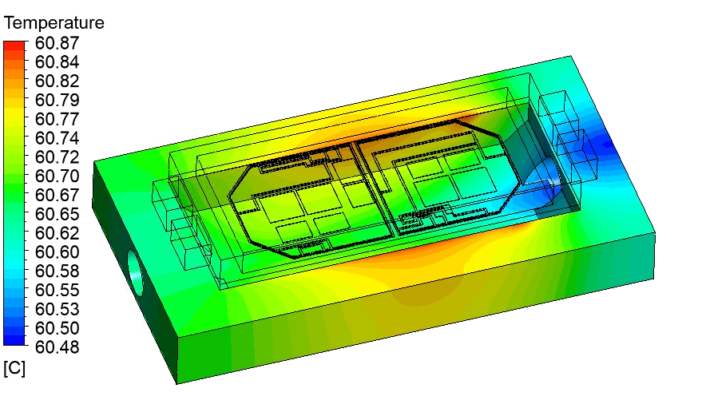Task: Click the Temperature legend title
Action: click(54, 23)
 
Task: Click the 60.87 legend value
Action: click(57, 43)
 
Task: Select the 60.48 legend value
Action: click(57, 347)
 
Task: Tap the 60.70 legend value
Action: click(57, 176)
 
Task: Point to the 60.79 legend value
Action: click(57, 100)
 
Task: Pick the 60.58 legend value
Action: click(57, 271)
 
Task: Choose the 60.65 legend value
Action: click(57, 214)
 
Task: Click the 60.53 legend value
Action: click(57, 309)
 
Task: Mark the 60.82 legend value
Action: click(57, 81)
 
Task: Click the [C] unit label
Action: click(14, 368)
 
